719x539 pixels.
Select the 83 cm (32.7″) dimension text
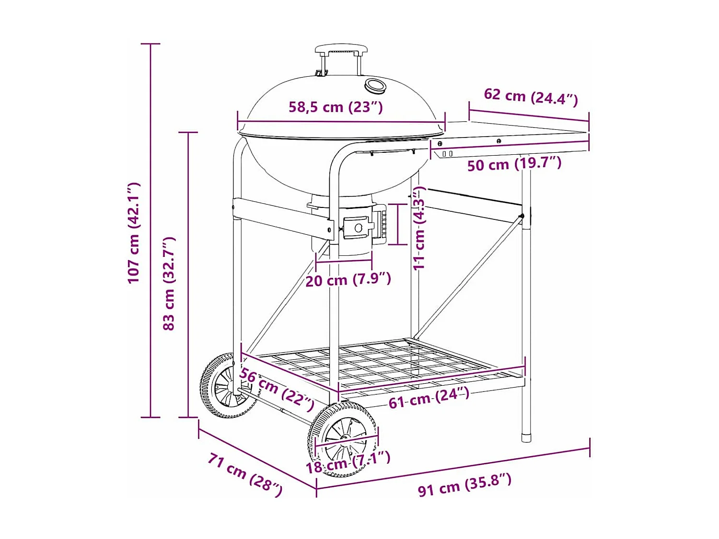[x=169, y=283]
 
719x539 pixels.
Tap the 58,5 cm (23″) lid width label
[x=336, y=107]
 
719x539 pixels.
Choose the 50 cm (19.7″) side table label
[x=514, y=164]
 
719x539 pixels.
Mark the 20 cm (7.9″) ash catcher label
[x=348, y=279]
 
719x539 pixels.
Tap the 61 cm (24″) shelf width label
[x=429, y=398]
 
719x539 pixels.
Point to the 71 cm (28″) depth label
[x=245, y=474]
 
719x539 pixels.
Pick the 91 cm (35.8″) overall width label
[x=464, y=484]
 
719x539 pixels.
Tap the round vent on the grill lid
[x=374, y=86]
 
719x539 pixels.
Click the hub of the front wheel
[x=344, y=438]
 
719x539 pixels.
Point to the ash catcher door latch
[x=358, y=227]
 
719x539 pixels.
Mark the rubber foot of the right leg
[x=526, y=437]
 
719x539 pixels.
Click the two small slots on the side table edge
[x=447, y=154]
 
